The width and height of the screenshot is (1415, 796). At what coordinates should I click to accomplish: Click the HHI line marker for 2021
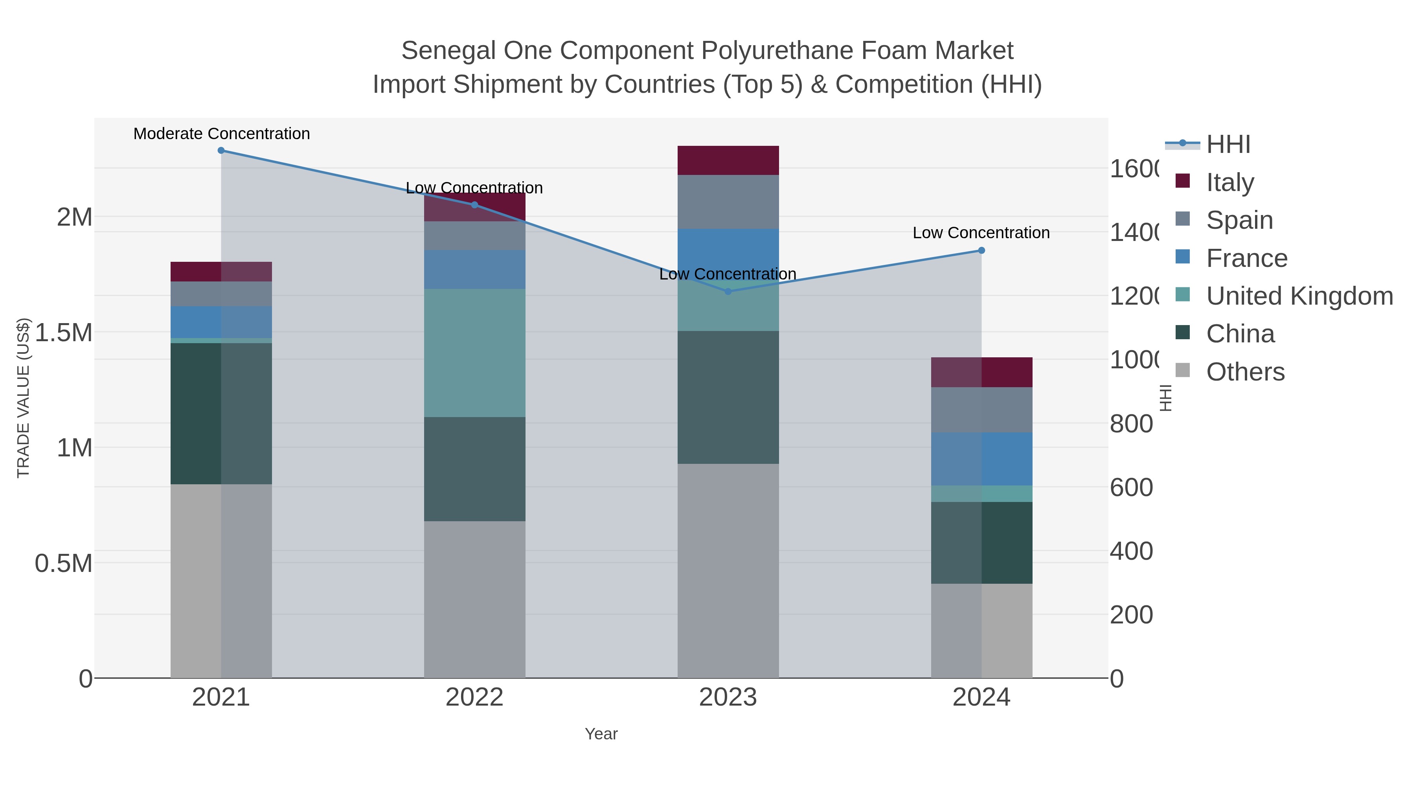click(x=221, y=151)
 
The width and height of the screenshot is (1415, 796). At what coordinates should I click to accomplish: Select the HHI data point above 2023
click(x=728, y=292)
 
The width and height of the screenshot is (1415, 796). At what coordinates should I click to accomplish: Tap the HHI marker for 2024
click(x=981, y=250)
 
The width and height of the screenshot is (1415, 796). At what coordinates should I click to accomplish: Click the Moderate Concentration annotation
click(x=221, y=134)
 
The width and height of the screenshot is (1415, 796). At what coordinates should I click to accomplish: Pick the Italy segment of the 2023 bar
click(x=728, y=160)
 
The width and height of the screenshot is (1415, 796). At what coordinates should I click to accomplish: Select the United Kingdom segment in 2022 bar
click(x=474, y=353)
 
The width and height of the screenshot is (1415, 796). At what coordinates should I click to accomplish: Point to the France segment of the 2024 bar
click(x=981, y=459)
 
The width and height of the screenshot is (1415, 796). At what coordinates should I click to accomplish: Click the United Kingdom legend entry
click(x=1299, y=296)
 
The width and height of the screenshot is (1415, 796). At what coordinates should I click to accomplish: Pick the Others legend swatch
click(x=1183, y=371)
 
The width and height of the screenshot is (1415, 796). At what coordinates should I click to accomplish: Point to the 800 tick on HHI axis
click(x=1131, y=424)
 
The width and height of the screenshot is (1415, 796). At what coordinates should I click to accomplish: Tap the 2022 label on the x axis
click(x=474, y=698)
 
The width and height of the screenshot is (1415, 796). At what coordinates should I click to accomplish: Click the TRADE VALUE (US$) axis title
click(x=23, y=398)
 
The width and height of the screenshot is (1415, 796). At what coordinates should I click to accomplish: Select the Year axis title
click(x=601, y=734)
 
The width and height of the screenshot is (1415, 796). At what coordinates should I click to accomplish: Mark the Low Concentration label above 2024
click(x=981, y=233)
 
